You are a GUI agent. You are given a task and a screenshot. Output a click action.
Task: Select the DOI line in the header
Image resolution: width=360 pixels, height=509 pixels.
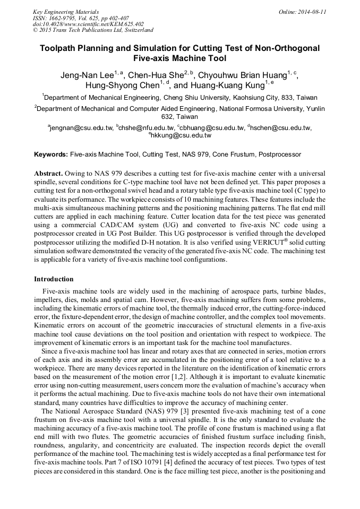pos(88,24)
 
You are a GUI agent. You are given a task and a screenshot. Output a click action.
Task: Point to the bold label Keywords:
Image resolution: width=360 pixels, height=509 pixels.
pos(51,154)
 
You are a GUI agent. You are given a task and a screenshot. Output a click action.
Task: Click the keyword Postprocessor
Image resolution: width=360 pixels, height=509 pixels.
pos(280,154)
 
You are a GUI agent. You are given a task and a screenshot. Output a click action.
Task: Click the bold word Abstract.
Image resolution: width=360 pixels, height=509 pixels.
pos(49,174)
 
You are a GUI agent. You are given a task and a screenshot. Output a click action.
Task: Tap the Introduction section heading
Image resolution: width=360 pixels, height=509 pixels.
pos(54,279)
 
